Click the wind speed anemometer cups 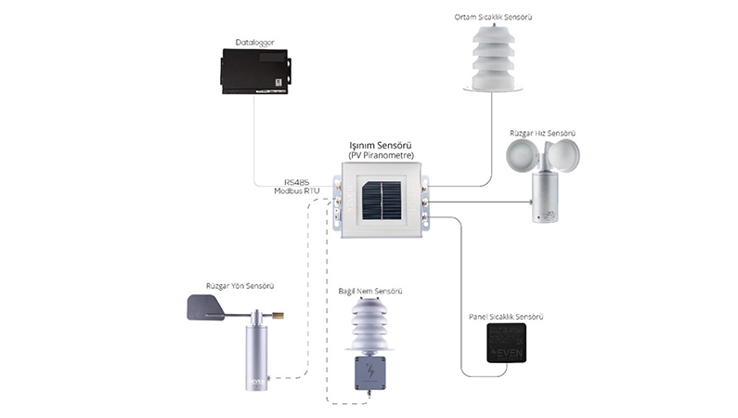pos(543,156)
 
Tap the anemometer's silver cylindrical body pos(544,201)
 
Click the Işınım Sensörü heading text pos(381,146)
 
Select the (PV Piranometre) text pos(381,156)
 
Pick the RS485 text pos(298,182)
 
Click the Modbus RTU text pos(298,191)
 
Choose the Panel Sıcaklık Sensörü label pos(506,318)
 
